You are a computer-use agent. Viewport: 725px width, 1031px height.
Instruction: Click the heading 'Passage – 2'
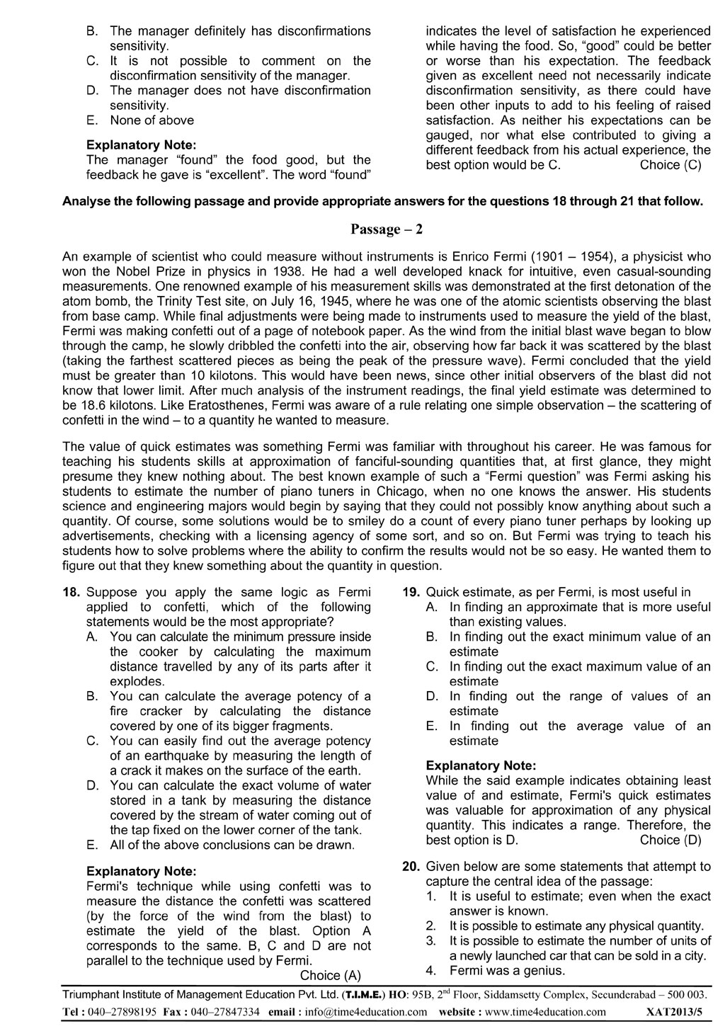pyautogui.click(x=387, y=229)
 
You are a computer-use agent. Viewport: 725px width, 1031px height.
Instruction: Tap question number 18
pyautogui.click(x=74, y=593)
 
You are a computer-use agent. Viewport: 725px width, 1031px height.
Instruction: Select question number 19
pyautogui.click(x=412, y=593)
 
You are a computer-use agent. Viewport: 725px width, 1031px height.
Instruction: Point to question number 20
pyautogui.click(x=412, y=866)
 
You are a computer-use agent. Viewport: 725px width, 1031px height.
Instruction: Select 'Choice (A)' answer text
pyautogui.click(x=331, y=976)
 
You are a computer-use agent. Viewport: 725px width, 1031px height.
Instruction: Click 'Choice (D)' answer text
pyautogui.click(x=670, y=841)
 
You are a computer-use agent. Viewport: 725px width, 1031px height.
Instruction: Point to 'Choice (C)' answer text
pyautogui.click(x=670, y=166)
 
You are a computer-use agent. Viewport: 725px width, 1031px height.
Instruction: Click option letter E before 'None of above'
pyautogui.click(x=91, y=120)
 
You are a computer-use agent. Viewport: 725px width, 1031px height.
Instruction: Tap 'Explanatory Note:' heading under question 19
pyautogui.click(x=481, y=765)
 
